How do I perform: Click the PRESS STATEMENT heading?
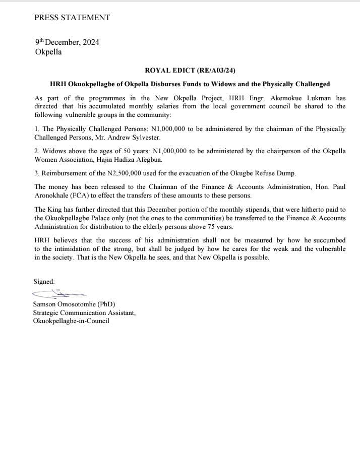72,18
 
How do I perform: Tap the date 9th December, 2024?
67,42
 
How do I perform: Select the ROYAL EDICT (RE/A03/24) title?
190,71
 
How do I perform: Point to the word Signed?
44,281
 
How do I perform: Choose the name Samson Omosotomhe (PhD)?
74,304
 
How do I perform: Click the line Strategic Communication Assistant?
84,312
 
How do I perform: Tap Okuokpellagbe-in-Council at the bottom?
71,321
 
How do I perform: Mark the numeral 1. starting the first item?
37,129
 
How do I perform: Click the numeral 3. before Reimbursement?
37,173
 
